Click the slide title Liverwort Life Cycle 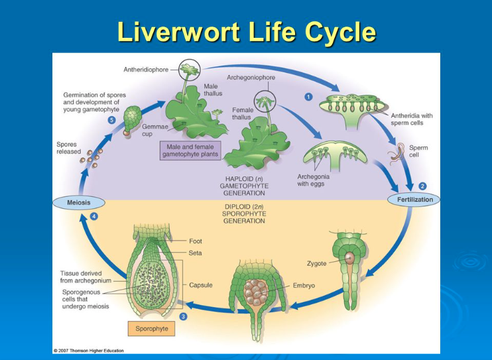tap(246, 31)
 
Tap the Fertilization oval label tap(414, 200)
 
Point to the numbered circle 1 tap(308, 96)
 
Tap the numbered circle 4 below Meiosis tap(93, 217)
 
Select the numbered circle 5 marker tap(111, 120)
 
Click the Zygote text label tap(316, 263)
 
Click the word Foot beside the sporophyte tap(196, 242)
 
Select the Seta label tap(196, 253)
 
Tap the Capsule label tap(200, 285)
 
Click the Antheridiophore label tap(146, 69)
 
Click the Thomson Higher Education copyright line tap(88, 350)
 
